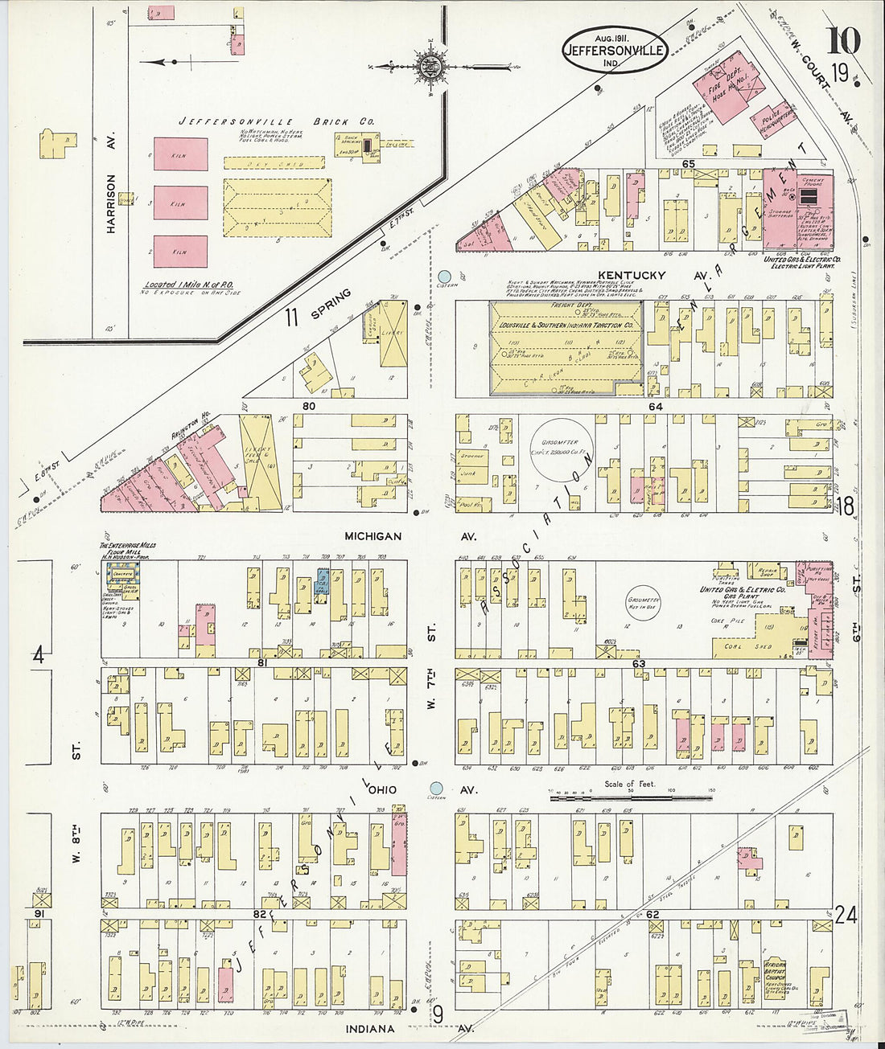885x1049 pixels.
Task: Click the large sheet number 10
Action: [x=842, y=39]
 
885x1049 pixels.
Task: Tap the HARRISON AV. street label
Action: [x=112, y=204]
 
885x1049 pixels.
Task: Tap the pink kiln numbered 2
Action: [x=180, y=252]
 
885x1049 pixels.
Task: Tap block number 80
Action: [x=308, y=406]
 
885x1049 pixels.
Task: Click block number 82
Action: [x=258, y=914]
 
